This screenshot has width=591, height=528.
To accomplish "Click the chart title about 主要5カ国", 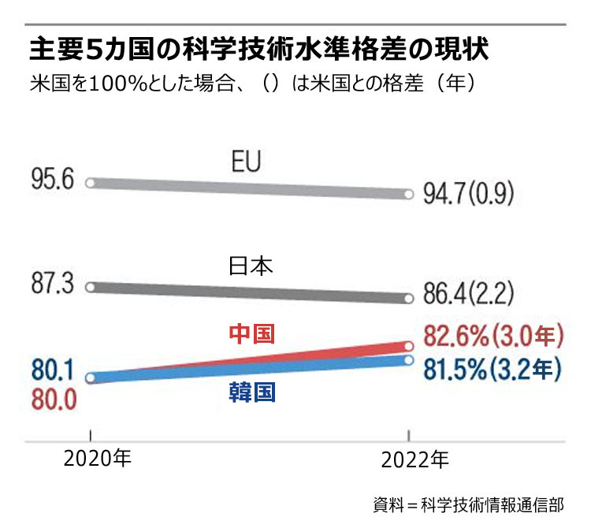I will point(260,50).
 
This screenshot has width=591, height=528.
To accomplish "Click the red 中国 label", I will point(251,334).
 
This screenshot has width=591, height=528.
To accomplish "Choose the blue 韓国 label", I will point(251,392).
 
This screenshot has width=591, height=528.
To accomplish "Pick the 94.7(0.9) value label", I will point(469,191).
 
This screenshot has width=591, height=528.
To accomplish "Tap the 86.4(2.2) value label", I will point(469,296).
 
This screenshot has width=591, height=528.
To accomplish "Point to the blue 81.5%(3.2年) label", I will point(492,368).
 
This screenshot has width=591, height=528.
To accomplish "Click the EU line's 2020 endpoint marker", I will point(90,183).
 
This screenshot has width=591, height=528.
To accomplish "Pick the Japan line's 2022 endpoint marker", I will point(408,298).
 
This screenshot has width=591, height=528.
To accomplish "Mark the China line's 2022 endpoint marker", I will point(408,346).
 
